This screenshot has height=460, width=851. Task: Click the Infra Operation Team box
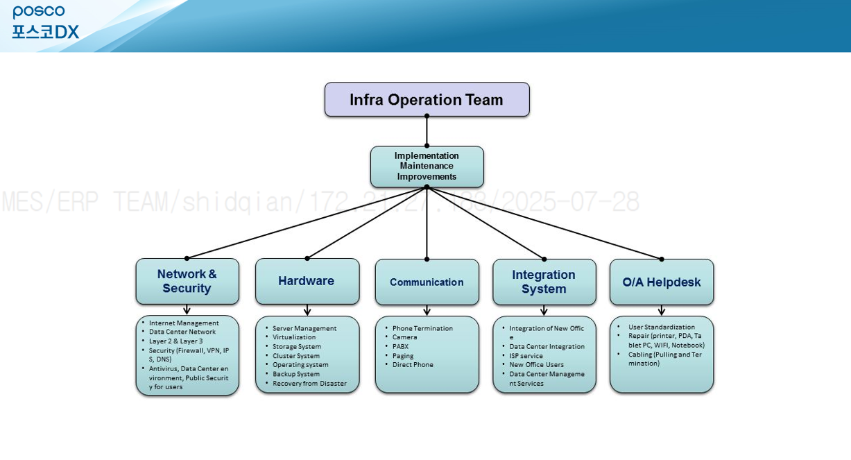tap(427, 99)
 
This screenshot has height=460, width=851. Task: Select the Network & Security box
tap(187, 281)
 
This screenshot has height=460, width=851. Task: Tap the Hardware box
tap(307, 281)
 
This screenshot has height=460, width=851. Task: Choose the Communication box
tap(427, 282)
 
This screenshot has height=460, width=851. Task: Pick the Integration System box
tap(544, 282)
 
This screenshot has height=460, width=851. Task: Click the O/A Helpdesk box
tap(661, 282)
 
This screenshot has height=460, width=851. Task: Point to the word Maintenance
tap(427, 166)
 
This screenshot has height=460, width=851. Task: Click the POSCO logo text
tap(39, 12)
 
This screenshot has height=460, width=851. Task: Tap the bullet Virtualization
tap(294, 337)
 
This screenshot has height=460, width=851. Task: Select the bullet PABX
tap(400, 346)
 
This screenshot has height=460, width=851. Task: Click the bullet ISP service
tap(526, 355)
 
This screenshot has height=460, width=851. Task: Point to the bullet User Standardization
tap(661, 327)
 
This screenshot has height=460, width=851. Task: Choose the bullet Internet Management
tap(184, 323)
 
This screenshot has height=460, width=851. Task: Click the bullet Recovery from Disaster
tap(309, 383)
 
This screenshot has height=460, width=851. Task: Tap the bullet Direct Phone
tap(413, 364)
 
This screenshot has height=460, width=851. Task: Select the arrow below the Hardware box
tap(307, 310)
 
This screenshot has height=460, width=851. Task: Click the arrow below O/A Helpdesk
tap(662, 310)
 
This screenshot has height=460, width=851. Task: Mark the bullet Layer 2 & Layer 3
tap(175, 341)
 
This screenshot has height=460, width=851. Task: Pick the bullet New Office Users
tap(536, 364)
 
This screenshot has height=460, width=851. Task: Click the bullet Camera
tap(404, 337)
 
